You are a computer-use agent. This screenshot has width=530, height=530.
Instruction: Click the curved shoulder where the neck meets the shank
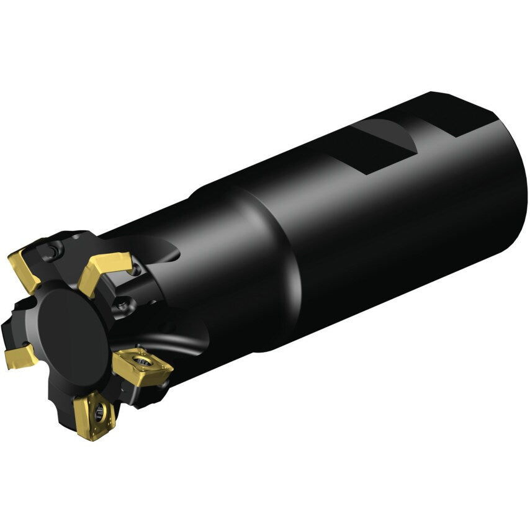(x=273, y=261)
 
